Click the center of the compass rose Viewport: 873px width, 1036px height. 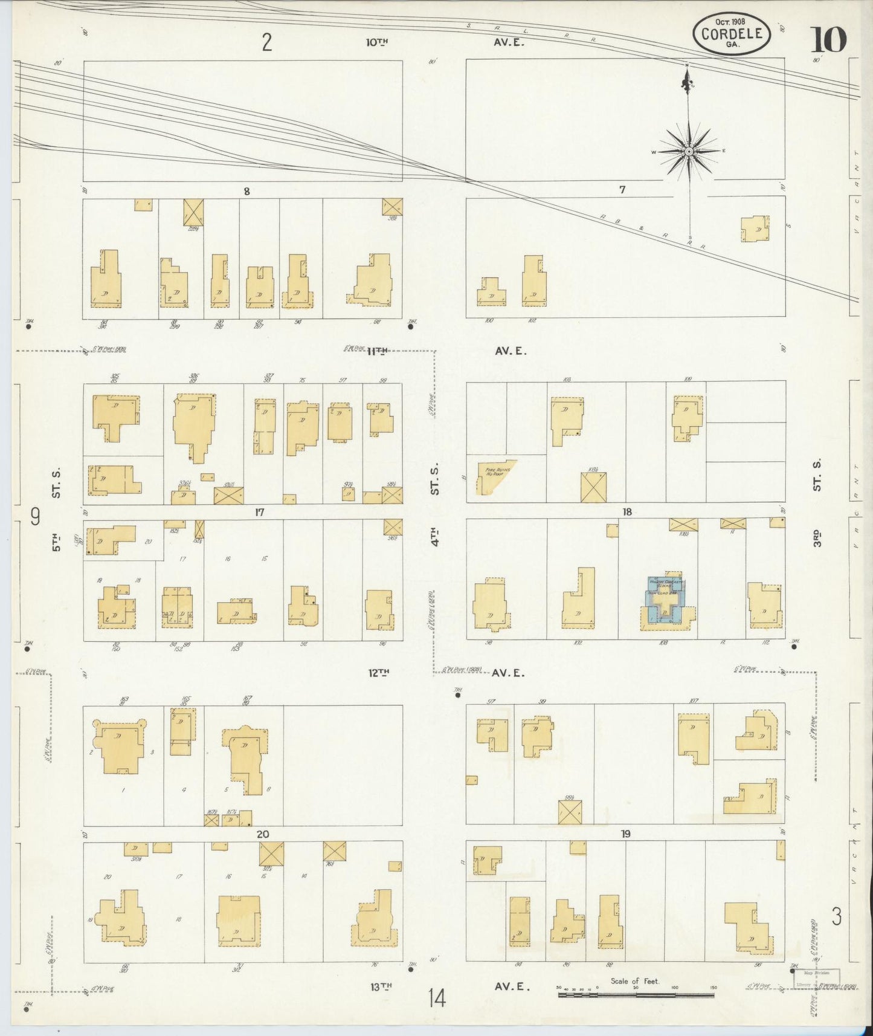(x=689, y=151)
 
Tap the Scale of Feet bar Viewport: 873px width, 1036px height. (x=636, y=994)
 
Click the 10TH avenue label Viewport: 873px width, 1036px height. (x=378, y=42)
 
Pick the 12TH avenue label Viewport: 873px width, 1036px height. (x=379, y=672)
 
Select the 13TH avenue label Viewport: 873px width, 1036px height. (x=381, y=986)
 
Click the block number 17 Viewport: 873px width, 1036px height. (x=259, y=513)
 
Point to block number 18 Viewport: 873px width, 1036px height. (x=627, y=512)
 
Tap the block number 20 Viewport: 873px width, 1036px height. (x=262, y=834)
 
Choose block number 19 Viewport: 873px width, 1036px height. (x=625, y=834)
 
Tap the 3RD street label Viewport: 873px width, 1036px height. (x=816, y=537)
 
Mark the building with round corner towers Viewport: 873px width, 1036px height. (x=120, y=746)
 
